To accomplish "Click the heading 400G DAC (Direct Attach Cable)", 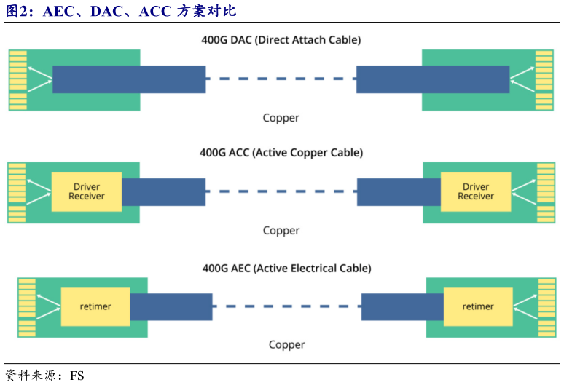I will click(281, 39).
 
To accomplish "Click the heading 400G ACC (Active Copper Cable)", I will click(281, 153).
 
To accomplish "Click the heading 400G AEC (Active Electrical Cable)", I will click(286, 269).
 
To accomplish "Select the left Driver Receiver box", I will click(87, 192).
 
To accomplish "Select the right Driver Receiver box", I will click(476, 192).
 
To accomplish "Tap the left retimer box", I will click(95, 307).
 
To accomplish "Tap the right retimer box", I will click(478, 307).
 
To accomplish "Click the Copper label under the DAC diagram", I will click(281, 118).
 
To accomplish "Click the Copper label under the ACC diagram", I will click(281, 231).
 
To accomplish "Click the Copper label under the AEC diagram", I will click(286, 345).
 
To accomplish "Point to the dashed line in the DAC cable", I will click(281, 79).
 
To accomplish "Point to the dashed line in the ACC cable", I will click(281, 192).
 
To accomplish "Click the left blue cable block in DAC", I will click(129, 79).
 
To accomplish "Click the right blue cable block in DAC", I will click(433, 79).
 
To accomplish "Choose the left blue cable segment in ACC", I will click(163, 192).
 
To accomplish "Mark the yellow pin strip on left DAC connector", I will click(18, 80).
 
